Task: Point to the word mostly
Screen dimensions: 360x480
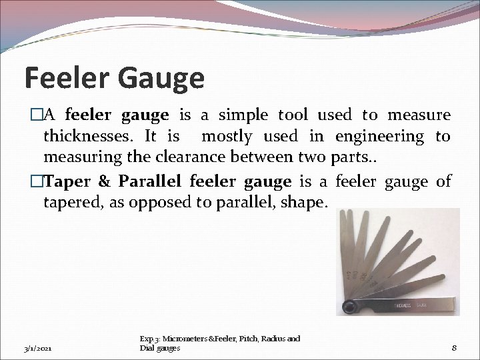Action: tap(227, 137)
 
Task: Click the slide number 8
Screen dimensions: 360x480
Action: tap(453, 347)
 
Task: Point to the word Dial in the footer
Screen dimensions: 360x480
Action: tap(147, 348)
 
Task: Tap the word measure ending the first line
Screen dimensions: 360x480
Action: tap(420, 115)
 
